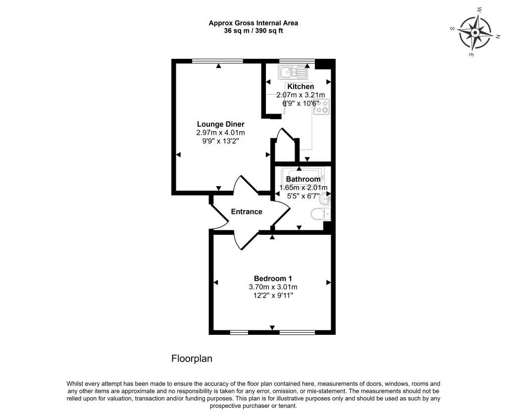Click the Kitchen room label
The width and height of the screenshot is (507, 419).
pyautogui.click(x=301, y=87)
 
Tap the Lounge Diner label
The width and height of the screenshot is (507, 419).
pyautogui.click(x=221, y=124)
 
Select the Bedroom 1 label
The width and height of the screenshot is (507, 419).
pyautogui.click(x=273, y=278)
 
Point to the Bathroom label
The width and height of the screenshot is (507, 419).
pyautogui.click(x=303, y=179)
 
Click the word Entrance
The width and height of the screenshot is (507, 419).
pyautogui.click(x=247, y=212)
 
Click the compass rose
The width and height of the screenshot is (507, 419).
pyautogui.click(x=474, y=33)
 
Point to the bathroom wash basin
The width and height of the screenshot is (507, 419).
pyautogui.click(x=326, y=200)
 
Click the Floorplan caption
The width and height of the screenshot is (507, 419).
pyautogui.click(x=192, y=359)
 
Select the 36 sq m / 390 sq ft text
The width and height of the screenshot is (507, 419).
pyautogui.click(x=253, y=30)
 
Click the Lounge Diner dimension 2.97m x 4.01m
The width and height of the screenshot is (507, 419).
pyautogui.click(x=221, y=133)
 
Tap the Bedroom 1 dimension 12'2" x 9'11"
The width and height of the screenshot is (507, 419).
pyautogui.click(x=273, y=296)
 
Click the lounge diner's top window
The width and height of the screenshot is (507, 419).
pyautogui.click(x=218, y=61)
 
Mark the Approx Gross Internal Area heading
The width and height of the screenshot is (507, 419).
pyautogui.click(x=253, y=23)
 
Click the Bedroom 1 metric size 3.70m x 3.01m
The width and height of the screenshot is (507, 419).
pyautogui.click(x=273, y=287)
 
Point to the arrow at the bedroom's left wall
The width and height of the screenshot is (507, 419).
pyautogui.click(x=216, y=282)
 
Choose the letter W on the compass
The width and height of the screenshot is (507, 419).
pyautogui.click(x=479, y=9)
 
